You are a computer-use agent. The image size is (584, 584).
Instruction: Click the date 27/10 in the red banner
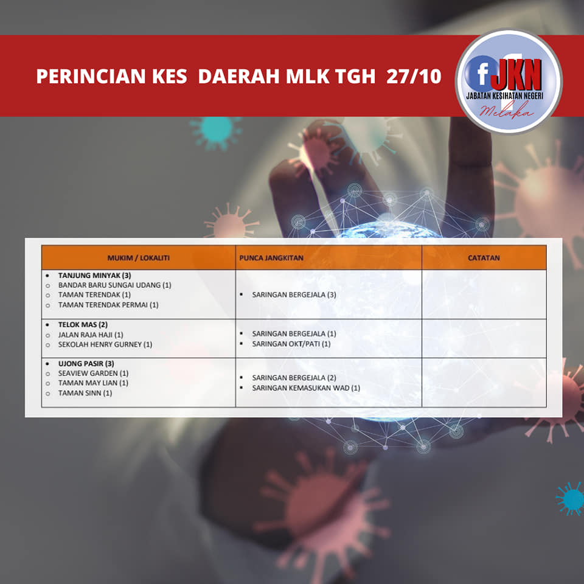[414, 77]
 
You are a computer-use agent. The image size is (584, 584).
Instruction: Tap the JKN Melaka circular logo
[509, 82]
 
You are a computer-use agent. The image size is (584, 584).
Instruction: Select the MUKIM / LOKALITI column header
[139, 258]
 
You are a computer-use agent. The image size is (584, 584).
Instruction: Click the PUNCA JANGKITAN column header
[271, 258]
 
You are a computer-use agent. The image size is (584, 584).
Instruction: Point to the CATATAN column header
[484, 258]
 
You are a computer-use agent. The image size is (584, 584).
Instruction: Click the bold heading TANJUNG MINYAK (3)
[95, 276]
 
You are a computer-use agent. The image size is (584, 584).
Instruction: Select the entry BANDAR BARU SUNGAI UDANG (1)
[115, 285]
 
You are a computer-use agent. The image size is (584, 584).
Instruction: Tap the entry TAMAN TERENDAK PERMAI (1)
[108, 305]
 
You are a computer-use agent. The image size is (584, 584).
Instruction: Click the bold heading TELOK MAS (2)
[83, 325]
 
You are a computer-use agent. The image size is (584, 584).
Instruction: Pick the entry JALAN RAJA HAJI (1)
[91, 335]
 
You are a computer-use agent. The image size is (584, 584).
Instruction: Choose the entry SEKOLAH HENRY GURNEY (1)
[105, 344]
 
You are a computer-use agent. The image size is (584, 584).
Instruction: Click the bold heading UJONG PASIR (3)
[86, 364]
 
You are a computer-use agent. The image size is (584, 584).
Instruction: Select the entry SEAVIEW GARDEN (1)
[93, 373]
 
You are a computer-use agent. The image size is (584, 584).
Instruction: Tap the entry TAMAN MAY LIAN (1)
[93, 383]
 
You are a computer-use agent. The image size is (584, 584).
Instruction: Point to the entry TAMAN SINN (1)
[85, 393]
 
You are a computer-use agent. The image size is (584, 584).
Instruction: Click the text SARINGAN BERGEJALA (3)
[294, 294]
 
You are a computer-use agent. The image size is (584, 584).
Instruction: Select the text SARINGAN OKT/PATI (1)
[291, 344]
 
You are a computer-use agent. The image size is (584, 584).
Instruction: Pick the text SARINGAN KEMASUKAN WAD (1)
[306, 388]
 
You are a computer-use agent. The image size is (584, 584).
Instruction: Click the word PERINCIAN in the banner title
[91, 77]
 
